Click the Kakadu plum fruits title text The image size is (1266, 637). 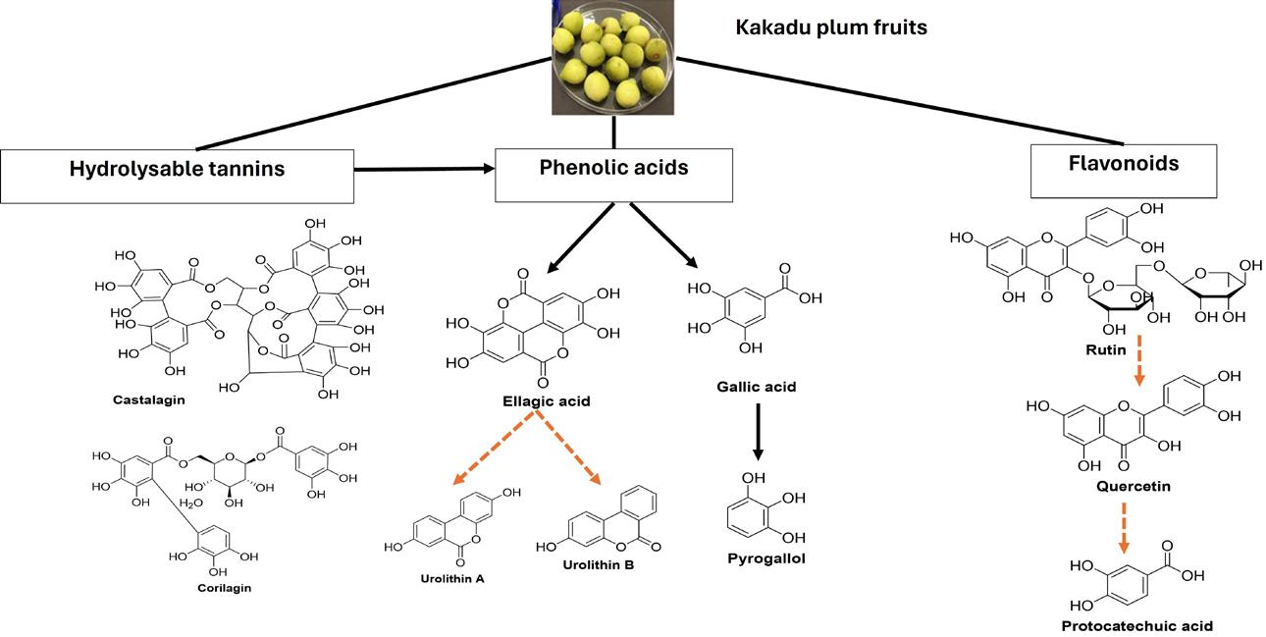coord(831,27)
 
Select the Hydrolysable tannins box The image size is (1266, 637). coord(177,169)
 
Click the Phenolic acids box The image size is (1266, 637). coord(613,168)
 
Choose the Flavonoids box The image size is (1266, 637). coord(1123,164)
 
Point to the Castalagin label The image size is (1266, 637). coord(148,400)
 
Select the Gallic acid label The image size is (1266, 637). coord(756,387)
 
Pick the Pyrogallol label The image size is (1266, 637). coord(759,558)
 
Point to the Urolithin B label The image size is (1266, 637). coord(599,564)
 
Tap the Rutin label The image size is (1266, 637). coord(1105,349)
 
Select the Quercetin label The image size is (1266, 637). coord(1133,486)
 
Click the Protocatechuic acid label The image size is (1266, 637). coord(1136,625)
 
